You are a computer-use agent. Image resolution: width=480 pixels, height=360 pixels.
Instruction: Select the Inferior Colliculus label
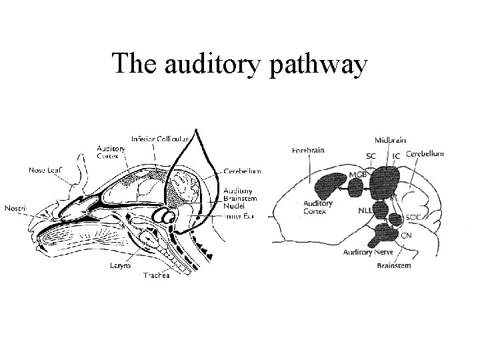click(x=161, y=139)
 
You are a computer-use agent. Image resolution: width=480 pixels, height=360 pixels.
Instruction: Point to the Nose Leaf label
click(x=46, y=169)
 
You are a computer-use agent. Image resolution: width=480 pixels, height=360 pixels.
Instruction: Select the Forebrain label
click(x=308, y=151)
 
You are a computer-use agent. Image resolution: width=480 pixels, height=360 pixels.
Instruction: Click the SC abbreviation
click(x=370, y=155)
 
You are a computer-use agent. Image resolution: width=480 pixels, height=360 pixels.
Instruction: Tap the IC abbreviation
click(x=396, y=155)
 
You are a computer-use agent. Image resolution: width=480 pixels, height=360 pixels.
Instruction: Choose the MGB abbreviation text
click(x=357, y=175)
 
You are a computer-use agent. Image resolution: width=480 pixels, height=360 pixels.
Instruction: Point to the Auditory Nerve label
click(x=367, y=252)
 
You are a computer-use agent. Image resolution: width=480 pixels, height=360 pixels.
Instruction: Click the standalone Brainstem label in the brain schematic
click(x=394, y=265)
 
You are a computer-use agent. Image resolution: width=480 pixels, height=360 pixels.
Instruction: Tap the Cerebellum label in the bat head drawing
click(x=242, y=171)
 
